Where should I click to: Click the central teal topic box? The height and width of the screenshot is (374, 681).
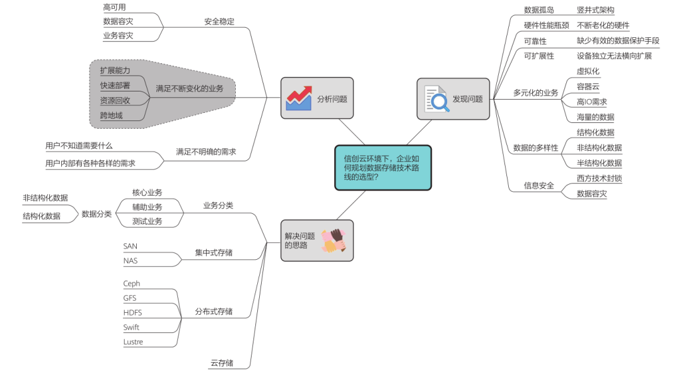coord(383,168)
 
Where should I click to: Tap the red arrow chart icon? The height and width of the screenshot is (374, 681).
coord(299,98)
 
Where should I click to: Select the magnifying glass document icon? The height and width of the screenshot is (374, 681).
coord(436,99)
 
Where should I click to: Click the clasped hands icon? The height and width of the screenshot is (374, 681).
coord(334,240)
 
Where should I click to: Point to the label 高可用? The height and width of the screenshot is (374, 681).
coord(114,7)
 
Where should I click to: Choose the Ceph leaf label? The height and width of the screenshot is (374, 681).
coord(132,284)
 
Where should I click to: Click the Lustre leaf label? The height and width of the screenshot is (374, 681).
coord(133,342)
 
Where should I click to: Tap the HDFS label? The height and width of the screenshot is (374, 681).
coord(132,313)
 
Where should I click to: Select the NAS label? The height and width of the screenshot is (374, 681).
coord(131,260)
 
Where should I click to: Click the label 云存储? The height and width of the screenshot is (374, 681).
coord(222,363)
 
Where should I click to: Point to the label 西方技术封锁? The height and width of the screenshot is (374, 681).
coord(599,178)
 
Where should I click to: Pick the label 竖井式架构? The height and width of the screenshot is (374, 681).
coord(595,10)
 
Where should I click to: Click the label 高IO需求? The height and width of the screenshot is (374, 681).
coord(591,102)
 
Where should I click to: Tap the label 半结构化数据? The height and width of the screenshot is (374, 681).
coord(599,163)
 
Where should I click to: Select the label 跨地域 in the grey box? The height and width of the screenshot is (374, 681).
coord(111,115)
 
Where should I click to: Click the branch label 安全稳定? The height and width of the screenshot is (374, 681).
coord(219,21)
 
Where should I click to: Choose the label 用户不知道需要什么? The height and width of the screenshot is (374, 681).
coord(79,146)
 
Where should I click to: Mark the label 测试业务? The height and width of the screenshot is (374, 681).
coord(147,221)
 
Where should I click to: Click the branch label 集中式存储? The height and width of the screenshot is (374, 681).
coord(214,253)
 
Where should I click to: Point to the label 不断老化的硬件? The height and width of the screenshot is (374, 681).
coord(603,25)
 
